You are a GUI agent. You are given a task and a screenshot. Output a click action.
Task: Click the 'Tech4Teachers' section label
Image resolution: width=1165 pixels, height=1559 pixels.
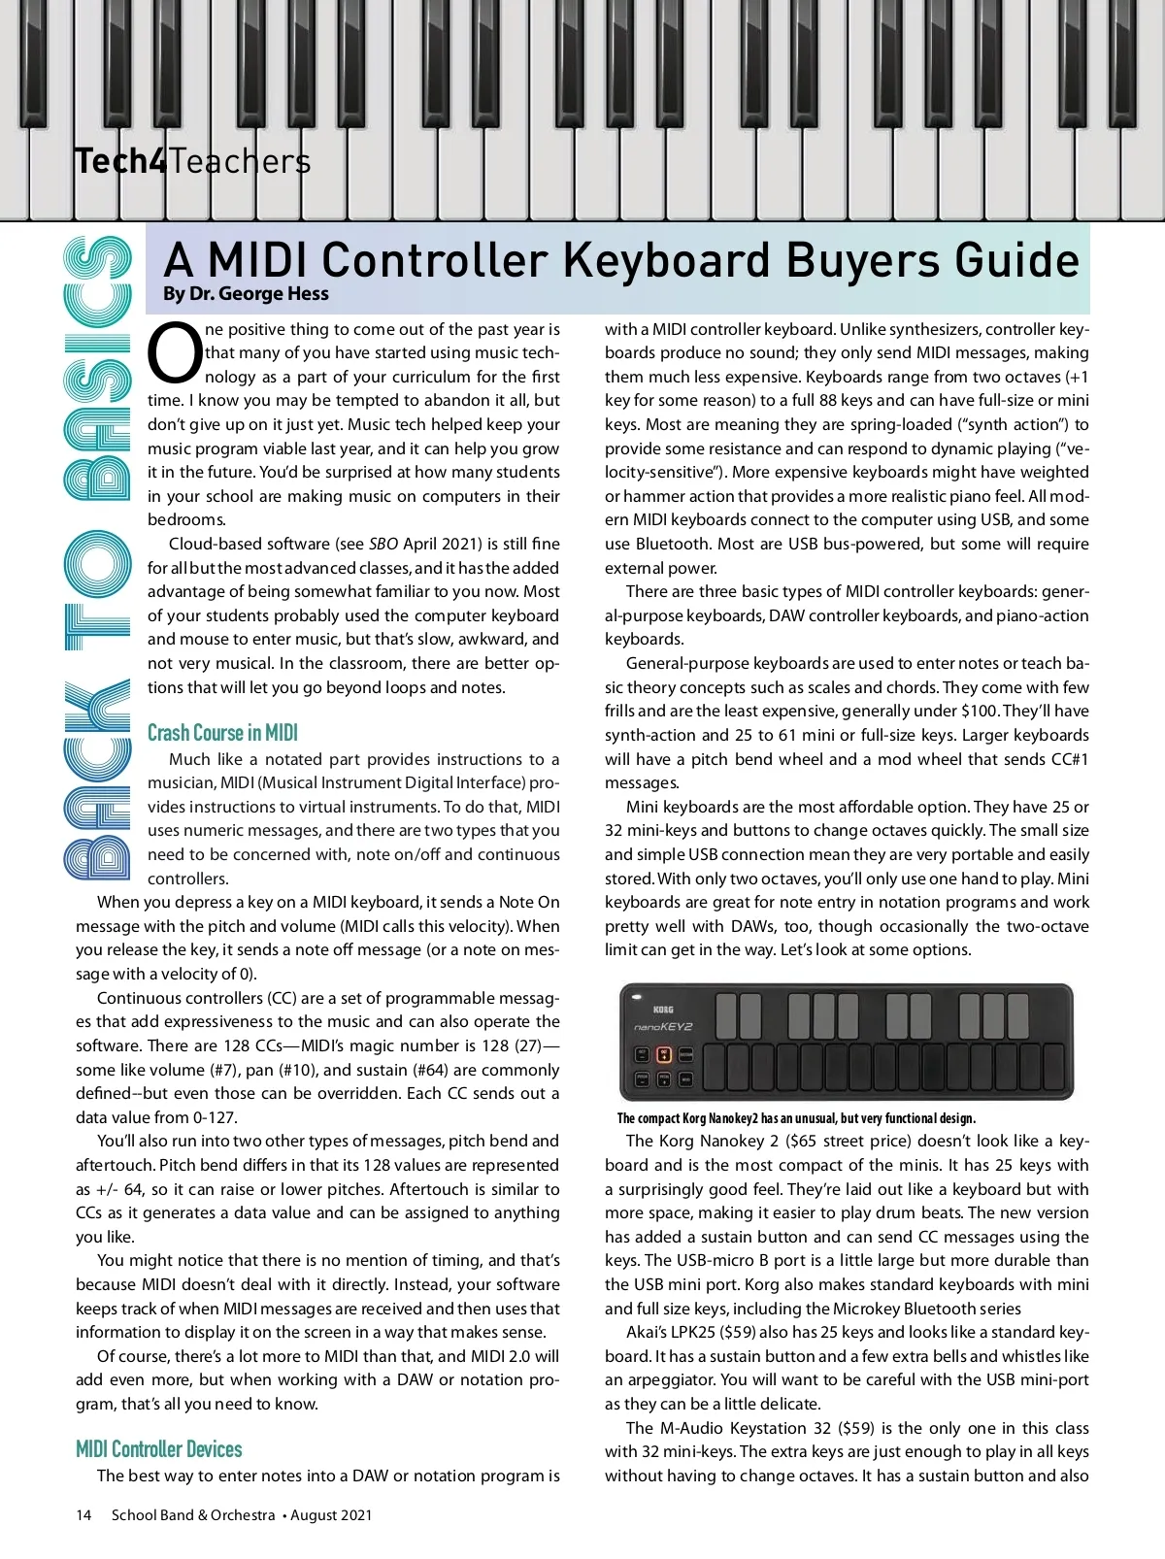point(192,161)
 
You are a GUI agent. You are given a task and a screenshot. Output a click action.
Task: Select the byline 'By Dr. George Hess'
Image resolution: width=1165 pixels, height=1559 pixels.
point(246,293)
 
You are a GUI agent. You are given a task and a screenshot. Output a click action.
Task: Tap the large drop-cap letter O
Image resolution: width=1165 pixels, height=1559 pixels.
point(176,353)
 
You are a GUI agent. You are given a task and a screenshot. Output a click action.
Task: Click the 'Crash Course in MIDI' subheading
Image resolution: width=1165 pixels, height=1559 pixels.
point(222,733)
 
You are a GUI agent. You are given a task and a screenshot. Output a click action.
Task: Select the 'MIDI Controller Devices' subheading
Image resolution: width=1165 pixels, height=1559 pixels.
point(159,1449)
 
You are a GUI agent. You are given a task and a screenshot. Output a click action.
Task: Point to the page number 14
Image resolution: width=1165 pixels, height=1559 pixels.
point(83,1515)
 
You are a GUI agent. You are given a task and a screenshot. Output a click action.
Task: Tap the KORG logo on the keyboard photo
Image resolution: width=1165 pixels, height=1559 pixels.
point(663,1010)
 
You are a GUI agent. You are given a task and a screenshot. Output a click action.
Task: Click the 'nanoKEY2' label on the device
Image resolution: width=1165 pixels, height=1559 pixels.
point(663,1027)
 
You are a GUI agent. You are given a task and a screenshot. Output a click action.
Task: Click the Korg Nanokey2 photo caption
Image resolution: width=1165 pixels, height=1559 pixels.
point(796,1118)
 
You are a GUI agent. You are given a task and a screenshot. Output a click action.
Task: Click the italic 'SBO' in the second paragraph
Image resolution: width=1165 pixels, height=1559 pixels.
point(383,544)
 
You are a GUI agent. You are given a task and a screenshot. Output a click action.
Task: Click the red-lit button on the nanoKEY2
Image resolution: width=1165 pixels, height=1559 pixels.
point(664,1054)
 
